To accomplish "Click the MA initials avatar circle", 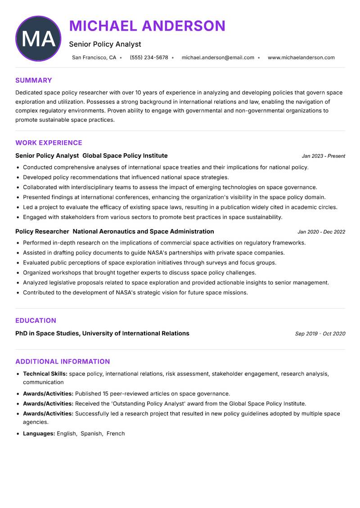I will [38, 39].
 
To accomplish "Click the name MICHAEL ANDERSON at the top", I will [147, 26].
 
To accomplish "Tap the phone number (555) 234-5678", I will [149, 58].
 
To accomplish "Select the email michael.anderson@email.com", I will [218, 58].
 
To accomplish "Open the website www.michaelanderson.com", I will [301, 58].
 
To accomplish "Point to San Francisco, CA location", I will [94, 58].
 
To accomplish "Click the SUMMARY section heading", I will [34, 80].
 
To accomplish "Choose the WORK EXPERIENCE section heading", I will [49, 143].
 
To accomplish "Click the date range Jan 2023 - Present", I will [323, 156].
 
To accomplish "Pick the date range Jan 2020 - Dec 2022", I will [321, 232].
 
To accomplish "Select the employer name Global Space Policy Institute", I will [125, 156].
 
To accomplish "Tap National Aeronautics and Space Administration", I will [143, 232].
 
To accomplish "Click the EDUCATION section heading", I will [36, 321].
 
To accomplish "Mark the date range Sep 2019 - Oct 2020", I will [320, 334].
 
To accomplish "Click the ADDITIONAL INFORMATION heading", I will [63, 361].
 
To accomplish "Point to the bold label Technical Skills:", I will [45, 374].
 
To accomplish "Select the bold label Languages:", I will [39, 434].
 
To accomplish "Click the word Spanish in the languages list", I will [91, 434].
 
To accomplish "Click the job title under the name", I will [105, 44].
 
